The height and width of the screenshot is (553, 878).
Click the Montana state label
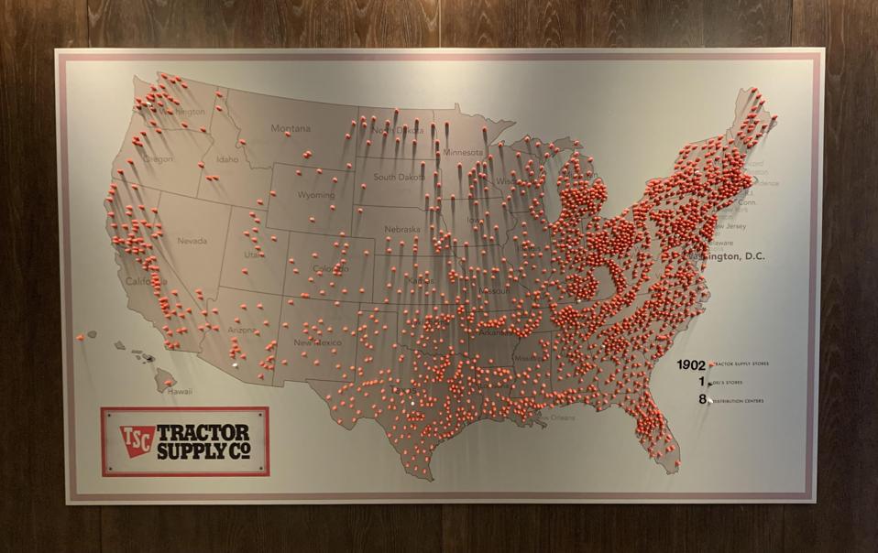click(291, 129)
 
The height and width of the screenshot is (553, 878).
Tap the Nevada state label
click(192, 241)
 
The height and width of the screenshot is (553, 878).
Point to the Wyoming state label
click(316, 195)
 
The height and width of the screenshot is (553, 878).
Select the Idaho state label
click(227, 159)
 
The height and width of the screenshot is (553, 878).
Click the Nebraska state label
click(402, 229)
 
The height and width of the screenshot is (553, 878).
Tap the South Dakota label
click(399, 177)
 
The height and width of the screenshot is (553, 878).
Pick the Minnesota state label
click(462, 152)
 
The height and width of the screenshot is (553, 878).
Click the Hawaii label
click(180, 391)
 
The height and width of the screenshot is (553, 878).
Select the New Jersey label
click(730, 226)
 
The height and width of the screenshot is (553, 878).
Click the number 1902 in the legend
click(691, 364)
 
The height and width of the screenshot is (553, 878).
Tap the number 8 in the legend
click(702, 399)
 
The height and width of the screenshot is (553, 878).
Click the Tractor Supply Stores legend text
click(742, 365)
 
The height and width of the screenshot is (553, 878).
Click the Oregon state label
click(158, 159)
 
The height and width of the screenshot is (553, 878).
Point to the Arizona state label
click(242, 330)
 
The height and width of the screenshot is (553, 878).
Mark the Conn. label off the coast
click(747, 203)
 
